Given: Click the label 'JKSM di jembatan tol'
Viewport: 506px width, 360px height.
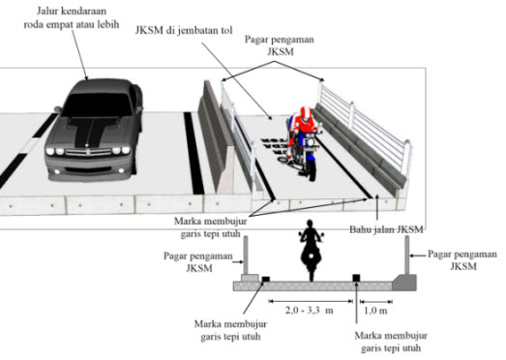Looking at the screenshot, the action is pyautogui.click(x=184, y=30).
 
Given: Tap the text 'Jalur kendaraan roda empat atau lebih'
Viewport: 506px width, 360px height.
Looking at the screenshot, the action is pyautogui.click(x=72, y=17).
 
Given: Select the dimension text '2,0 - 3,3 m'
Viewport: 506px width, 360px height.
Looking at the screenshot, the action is pyautogui.click(x=309, y=311).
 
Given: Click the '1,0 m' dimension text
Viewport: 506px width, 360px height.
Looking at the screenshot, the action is pyautogui.click(x=375, y=311).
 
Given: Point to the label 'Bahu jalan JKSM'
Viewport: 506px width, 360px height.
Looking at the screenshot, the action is pyautogui.click(x=386, y=229).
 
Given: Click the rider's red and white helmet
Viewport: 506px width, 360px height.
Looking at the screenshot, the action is pyautogui.click(x=306, y=114).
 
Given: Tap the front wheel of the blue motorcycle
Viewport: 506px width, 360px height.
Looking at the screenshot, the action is pyautogui.click(x=312, y=168).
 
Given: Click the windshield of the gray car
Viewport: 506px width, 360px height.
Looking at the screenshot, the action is pyautogui.click(x=97, y=104).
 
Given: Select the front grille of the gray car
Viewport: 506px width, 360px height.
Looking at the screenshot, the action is pyautogui.click(x=88, y=152).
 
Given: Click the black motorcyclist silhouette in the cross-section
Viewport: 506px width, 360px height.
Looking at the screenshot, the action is pyautogui.click(x=311, y=250).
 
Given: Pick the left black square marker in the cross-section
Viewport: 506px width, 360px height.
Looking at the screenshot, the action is pyautogui.click(x=266, y=279).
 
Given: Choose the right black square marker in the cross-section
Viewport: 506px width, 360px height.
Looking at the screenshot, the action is pyautogui.click(x=356, y=278).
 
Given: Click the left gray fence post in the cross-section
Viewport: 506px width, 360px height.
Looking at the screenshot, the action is pyautogui.click(x=246, y=255).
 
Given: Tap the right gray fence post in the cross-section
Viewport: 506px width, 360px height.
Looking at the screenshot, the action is pyautogui.click(x=407, y=255).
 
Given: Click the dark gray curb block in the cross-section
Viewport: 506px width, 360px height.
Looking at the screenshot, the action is pyautogui.click(x=404, y=283).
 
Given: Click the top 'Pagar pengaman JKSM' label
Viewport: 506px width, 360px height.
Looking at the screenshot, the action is pyautogui.click(x=280, y=45).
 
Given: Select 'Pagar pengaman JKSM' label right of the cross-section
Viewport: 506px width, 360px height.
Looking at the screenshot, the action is pyautogui.click(x=462, y=260).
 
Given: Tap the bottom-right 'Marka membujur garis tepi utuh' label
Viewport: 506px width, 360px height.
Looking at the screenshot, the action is pyautogui.click(x=391, y=342).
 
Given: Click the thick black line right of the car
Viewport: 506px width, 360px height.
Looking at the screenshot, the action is pyautogui.click(x=193, y=153).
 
